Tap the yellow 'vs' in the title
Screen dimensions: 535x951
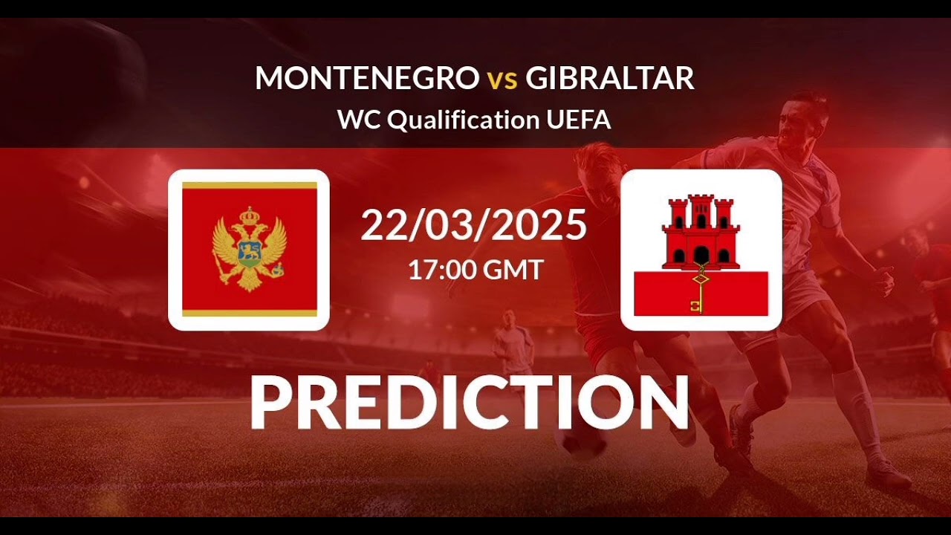pos(502,80)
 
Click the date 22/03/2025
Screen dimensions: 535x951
pos(474,225)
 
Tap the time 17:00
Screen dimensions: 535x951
pos(442,269)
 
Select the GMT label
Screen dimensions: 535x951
pos(513,269)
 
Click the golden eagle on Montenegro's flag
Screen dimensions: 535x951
pos(249,249)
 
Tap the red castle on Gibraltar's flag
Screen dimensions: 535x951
pos(701,232)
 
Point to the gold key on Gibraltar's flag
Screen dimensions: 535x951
pos(699,291)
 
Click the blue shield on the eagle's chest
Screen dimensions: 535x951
pos(249,253)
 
